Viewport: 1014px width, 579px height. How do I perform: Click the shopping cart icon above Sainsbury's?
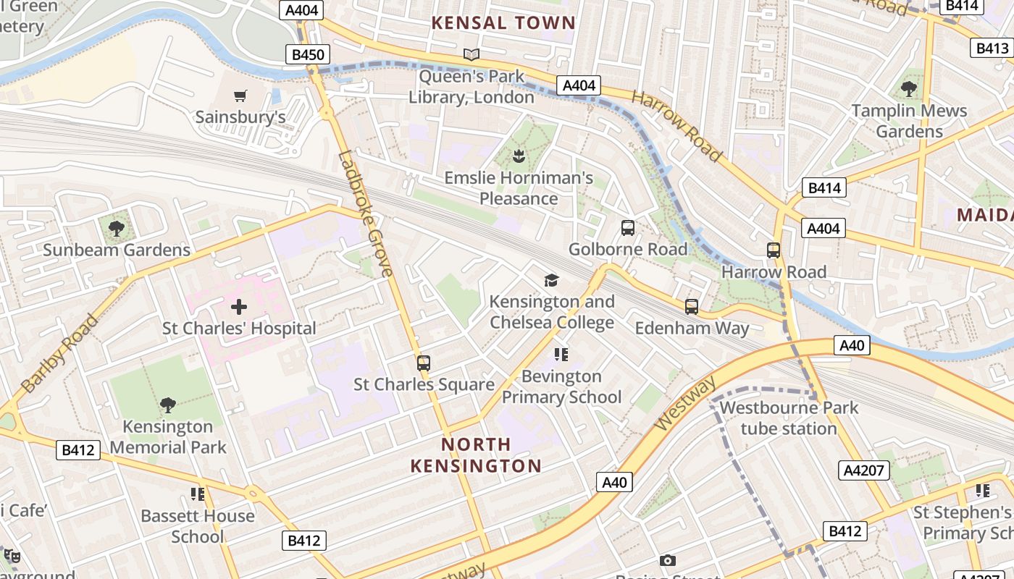pos(240,96)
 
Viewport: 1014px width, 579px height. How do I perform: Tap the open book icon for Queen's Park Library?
pos(472,54)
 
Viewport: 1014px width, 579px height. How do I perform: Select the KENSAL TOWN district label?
pos(503,22)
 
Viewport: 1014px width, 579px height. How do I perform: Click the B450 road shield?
pos(307,54)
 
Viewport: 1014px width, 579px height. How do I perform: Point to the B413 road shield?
pos(992,48)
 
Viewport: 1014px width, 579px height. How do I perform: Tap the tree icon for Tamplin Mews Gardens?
pos(909,89)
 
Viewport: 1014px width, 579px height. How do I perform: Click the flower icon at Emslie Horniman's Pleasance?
pos(519,156)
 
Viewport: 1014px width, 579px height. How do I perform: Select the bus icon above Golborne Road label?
pos(628,228)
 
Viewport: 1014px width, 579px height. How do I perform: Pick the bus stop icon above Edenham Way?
pos(692,307)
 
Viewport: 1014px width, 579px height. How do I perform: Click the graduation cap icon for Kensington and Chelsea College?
pos(551,280)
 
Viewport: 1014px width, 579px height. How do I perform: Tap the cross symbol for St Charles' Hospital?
pos(239,307)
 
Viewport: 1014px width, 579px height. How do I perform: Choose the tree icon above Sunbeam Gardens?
pos(116,229)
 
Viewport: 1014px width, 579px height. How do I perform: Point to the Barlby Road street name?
pos(59,354)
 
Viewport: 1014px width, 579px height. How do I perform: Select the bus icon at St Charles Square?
pos(424,363)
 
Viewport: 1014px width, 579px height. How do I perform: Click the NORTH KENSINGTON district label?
pos(476,455)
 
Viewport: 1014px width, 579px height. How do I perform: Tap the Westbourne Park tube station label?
pos(788,418)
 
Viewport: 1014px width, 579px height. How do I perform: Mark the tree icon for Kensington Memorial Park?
pos(168,405)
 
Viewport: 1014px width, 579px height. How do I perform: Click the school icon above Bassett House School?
pos(198,494)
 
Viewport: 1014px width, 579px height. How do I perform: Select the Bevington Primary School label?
pos(561,386)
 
